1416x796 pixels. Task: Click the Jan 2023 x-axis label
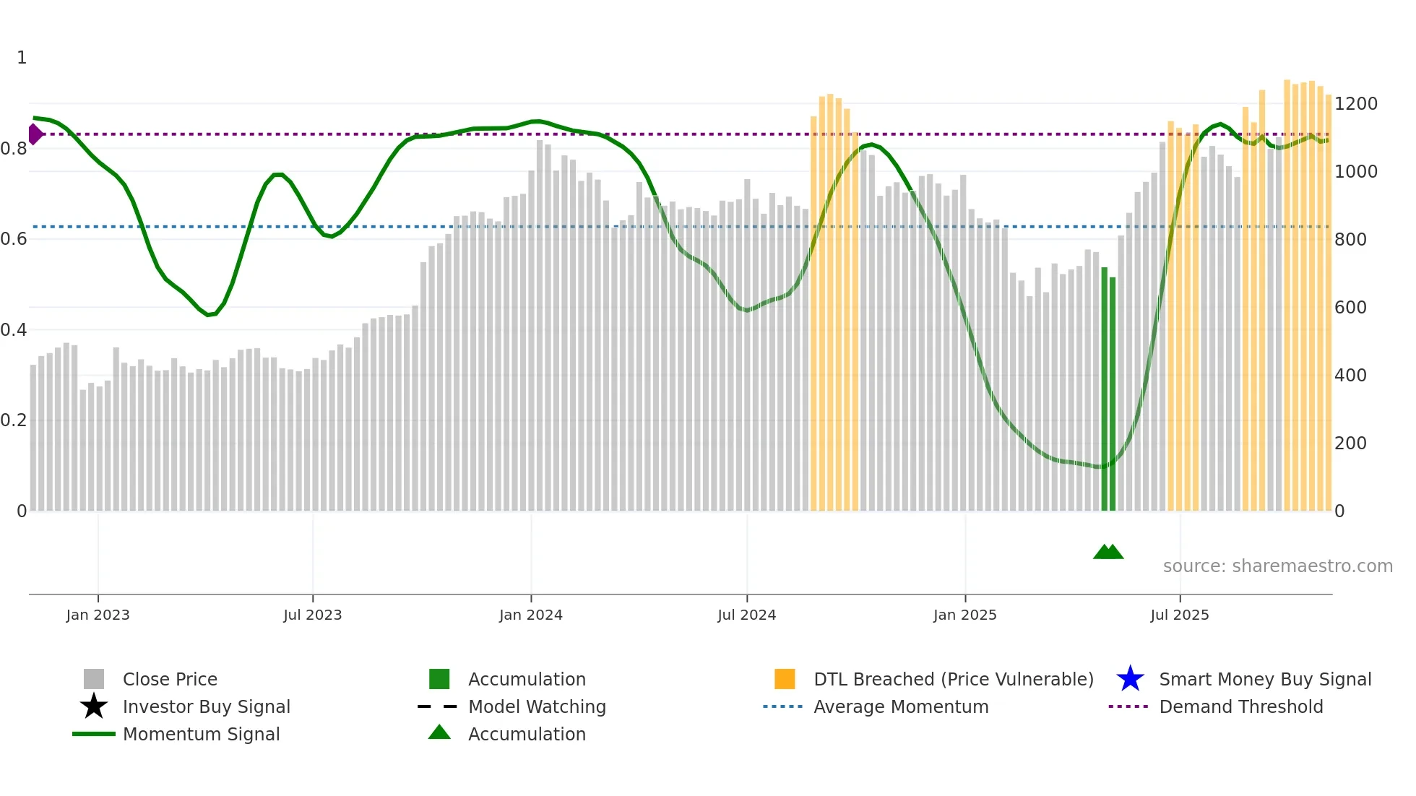tap(98, 615)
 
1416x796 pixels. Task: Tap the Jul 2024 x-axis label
tap(746, 615)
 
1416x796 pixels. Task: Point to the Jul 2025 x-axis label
tap(1179, 615)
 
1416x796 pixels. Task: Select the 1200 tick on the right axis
tap(1355, 104)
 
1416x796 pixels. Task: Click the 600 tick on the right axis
tap(1350, 308)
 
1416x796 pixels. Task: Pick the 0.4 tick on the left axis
tap(14, 330)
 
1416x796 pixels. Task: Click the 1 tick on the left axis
tap(22, 58)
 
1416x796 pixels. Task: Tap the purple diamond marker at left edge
tap(35, 134)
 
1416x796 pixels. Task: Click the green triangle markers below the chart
tap(1108, 552)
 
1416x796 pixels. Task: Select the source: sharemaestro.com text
tap(1277, 566)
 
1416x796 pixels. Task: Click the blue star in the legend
tap(1130, 679)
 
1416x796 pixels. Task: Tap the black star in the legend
tap(94, 706)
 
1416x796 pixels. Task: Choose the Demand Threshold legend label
tap(1240, 706)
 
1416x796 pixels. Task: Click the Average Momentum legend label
tap(900, 706)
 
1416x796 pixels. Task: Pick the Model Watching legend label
tap(537, 706)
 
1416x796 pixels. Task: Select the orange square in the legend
tap(785, 679)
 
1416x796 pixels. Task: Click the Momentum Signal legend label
tap(201, 734)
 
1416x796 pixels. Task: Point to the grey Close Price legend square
tap(94, 679)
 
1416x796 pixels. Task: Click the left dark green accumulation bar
tap(1104, 390)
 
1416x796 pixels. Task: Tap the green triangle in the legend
tap(439, 732)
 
